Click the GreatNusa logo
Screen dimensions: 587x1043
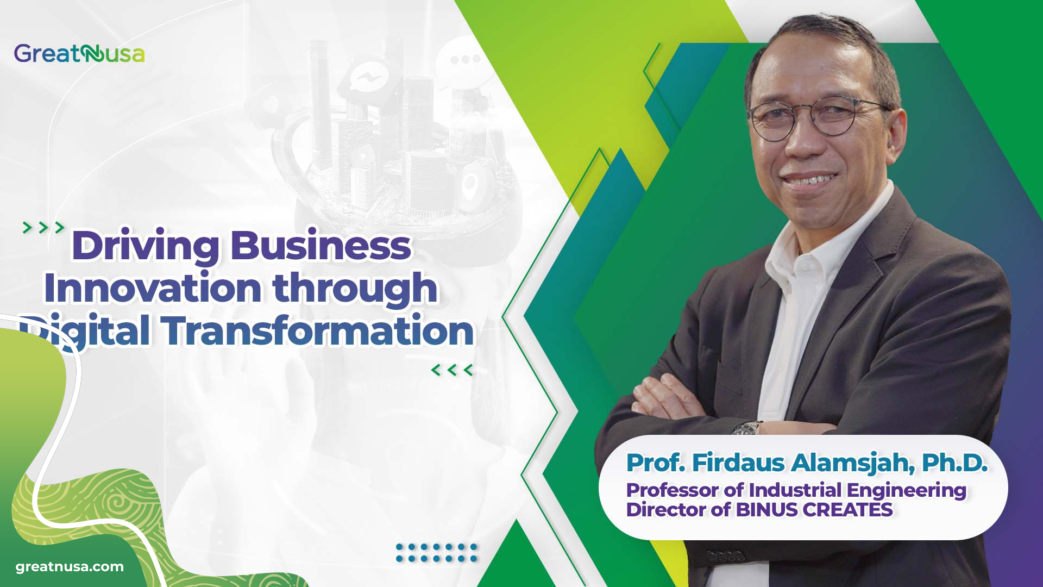(79, 54)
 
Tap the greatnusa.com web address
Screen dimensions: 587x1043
(70, 567)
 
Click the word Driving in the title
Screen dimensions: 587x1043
(145, 246)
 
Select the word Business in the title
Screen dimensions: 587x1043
(321, 246)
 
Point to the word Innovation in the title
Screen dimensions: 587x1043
(153, 288)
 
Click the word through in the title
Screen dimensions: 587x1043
(355, 289)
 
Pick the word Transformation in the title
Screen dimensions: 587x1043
(318, 331)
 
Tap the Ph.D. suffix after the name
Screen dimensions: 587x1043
(954, 463)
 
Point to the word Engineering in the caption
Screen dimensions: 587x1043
(906, 490)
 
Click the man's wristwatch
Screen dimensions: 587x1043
(746, 428)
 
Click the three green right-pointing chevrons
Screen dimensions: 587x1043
(43, 228)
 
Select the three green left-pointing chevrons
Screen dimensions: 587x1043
(452, 371)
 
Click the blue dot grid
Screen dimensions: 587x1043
(436, 553)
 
